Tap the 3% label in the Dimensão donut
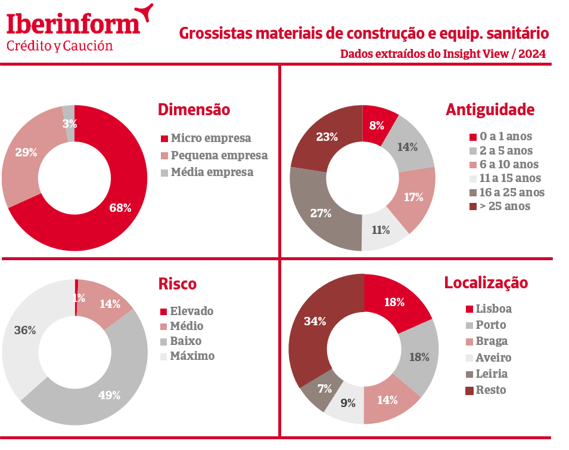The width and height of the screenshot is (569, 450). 70,124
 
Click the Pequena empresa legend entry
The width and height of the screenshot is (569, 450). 219,155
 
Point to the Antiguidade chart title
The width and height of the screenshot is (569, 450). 490,110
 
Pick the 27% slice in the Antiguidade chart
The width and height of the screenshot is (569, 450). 320,213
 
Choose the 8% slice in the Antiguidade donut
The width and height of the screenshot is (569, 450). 376,125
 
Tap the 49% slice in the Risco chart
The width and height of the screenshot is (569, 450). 109,395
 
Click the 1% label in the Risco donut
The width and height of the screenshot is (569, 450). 78,298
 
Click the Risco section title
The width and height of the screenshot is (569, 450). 177,284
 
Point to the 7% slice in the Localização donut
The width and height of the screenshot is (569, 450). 325,389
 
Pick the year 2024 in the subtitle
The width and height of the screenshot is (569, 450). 531,54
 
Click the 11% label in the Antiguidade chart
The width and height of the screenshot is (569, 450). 381,230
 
